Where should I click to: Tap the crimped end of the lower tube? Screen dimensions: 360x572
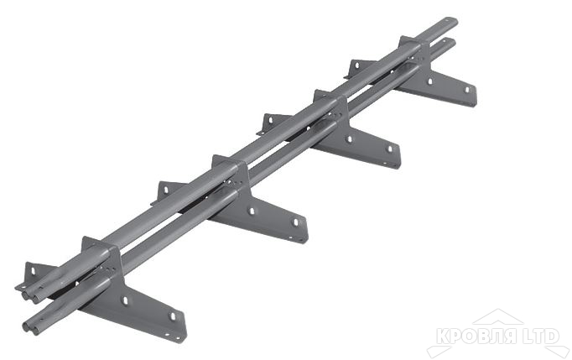click(31, 326)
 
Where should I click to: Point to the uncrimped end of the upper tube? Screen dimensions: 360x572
click(450, 21)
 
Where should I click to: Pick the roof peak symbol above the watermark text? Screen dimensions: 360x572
click(497, 318)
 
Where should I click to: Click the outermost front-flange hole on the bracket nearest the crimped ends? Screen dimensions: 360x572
click(174, 317)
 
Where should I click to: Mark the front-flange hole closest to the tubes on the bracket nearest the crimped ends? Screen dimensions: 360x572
click(125, 300)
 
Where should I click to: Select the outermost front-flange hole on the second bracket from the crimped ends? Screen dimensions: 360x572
click(294, 223)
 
